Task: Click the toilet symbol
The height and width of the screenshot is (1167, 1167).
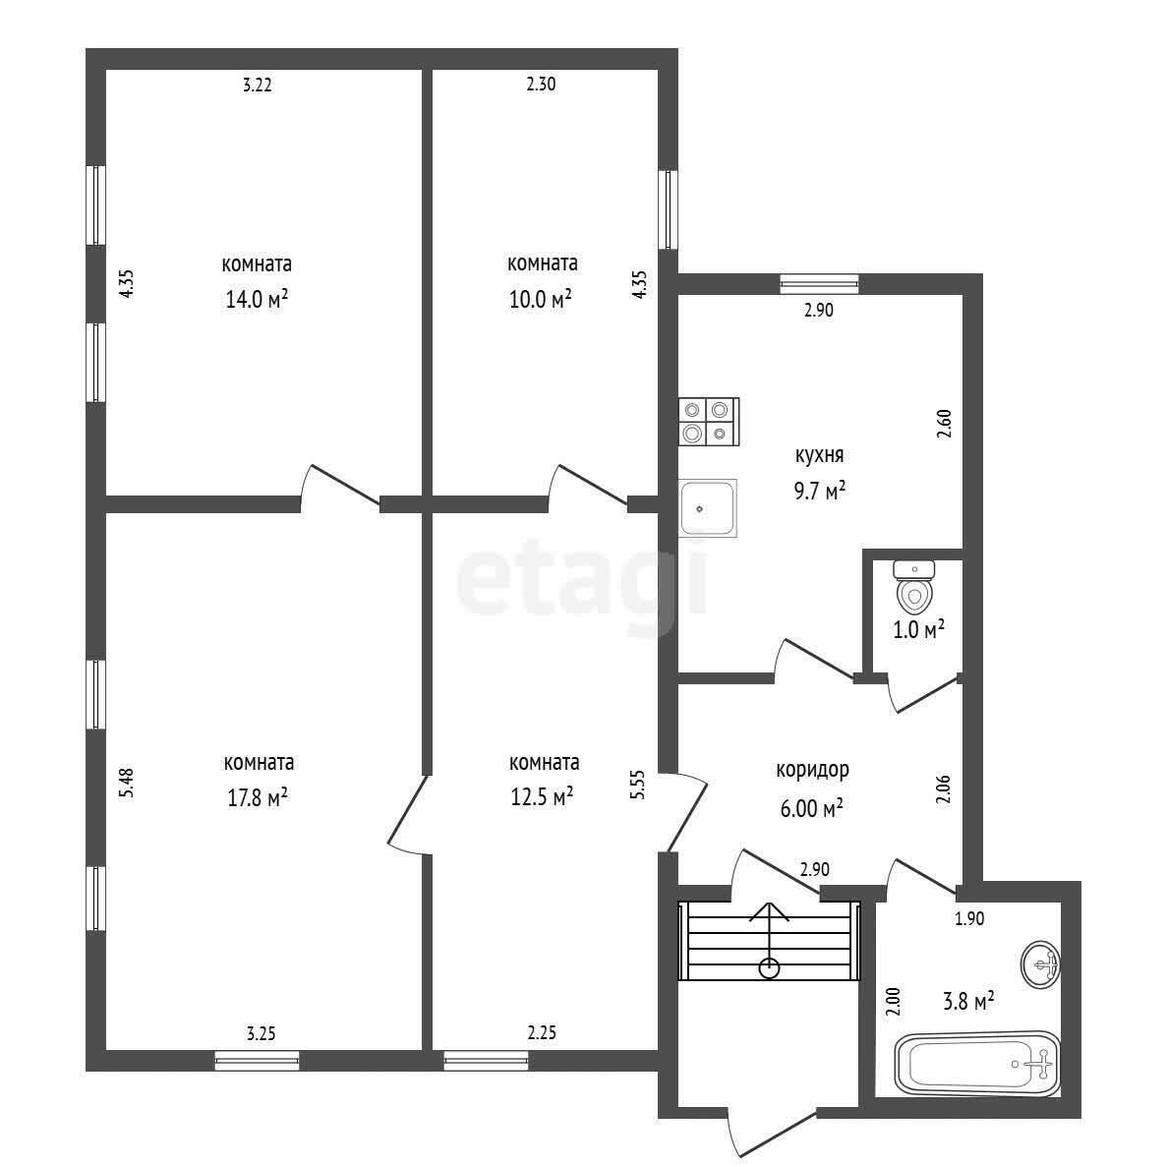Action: tap(914, 585)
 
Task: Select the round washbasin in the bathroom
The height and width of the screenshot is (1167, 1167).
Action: tap(1040, 964)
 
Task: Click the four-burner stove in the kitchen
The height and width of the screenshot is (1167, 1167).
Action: tap(709, 421)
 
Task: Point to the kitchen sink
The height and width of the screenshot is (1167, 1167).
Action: tap(707, 507)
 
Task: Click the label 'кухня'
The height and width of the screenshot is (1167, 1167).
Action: tap(819, 455)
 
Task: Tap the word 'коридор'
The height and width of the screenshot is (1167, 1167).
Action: tap(812, 770)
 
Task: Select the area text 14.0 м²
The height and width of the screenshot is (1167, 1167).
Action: tap(257, 299)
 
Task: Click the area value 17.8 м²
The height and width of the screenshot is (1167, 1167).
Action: tap(258, 798)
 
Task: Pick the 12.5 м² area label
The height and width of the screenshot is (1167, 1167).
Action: tap(542, 797)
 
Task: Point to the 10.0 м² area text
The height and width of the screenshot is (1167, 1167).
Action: tap(541, 299)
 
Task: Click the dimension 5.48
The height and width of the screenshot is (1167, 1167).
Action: tap(128, 783)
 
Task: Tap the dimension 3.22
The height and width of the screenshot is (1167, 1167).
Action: tap(258, 85)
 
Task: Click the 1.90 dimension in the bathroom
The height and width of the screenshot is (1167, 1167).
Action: tap(969, 919)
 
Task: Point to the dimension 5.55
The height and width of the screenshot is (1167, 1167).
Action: tap(638, 785)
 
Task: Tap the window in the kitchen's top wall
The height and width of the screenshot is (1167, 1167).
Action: tap(819, 283)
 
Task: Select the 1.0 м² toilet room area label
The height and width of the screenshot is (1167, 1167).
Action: tap(919, 630)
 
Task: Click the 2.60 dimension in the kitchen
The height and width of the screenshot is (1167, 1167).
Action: tap(945, 424)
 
